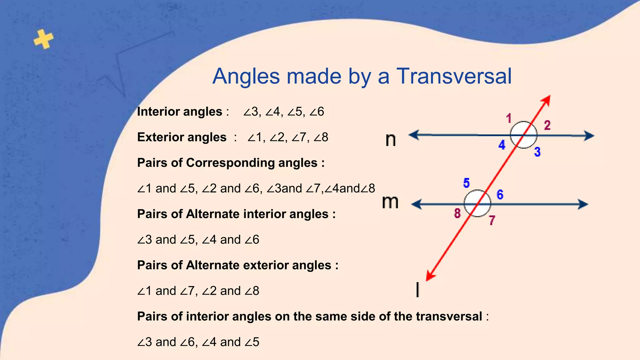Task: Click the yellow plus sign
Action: click(x=43, y=39)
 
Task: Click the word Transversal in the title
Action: click(x=454, y=76)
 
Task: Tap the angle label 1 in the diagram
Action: click(x=509, y=118)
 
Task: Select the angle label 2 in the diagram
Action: click(x=547, y=125)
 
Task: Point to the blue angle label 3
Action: click(x=537, y=152)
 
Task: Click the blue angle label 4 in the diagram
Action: click(x=502, y=145)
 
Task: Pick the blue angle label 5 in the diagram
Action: click(x=466, y=183)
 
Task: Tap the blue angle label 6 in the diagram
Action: click(x=500, y=195)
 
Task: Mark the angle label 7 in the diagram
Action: click(x=492, y=220)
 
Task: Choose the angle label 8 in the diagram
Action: click(x=457, y=213)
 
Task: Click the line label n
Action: click(x=391, y=139)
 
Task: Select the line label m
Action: click(x=390, y=202)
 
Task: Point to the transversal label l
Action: click(x=417, y=289)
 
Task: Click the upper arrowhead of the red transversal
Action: click(x=547, y=100)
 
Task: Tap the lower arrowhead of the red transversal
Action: click(x=429, y=277)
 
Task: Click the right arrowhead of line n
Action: click(x=589, y=136)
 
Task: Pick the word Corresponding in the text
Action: click(x=252, y=163)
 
